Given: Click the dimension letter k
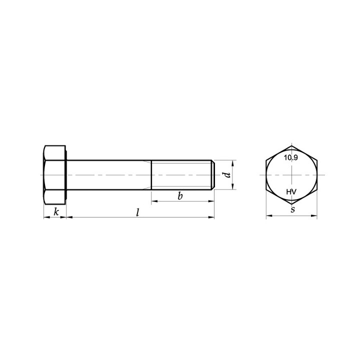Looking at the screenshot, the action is coord(56,211).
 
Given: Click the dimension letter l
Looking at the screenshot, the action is coord(138,212).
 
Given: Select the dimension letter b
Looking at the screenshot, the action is coord(180,196).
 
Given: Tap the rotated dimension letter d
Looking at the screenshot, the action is coord(227,175).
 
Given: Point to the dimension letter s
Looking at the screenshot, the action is coord(292,209).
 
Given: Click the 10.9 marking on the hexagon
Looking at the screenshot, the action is coord(290,157).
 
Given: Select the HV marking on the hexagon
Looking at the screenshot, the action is coord(291,191).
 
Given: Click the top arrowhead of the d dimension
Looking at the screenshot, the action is coord(233,163).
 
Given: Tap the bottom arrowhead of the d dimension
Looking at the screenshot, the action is coord(233,187).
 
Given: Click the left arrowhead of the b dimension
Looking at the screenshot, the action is coord(154,201).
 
